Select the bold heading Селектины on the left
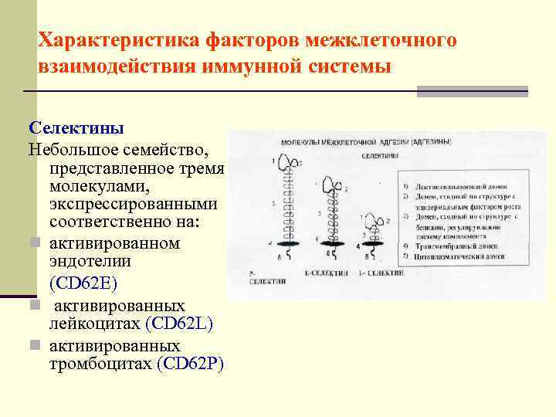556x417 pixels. pyautogui.click(x=65, y=127)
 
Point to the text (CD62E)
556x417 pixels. pyautogui.click(x=83, y=283)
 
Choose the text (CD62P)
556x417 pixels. pyautogui.click(x=189, y=363)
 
